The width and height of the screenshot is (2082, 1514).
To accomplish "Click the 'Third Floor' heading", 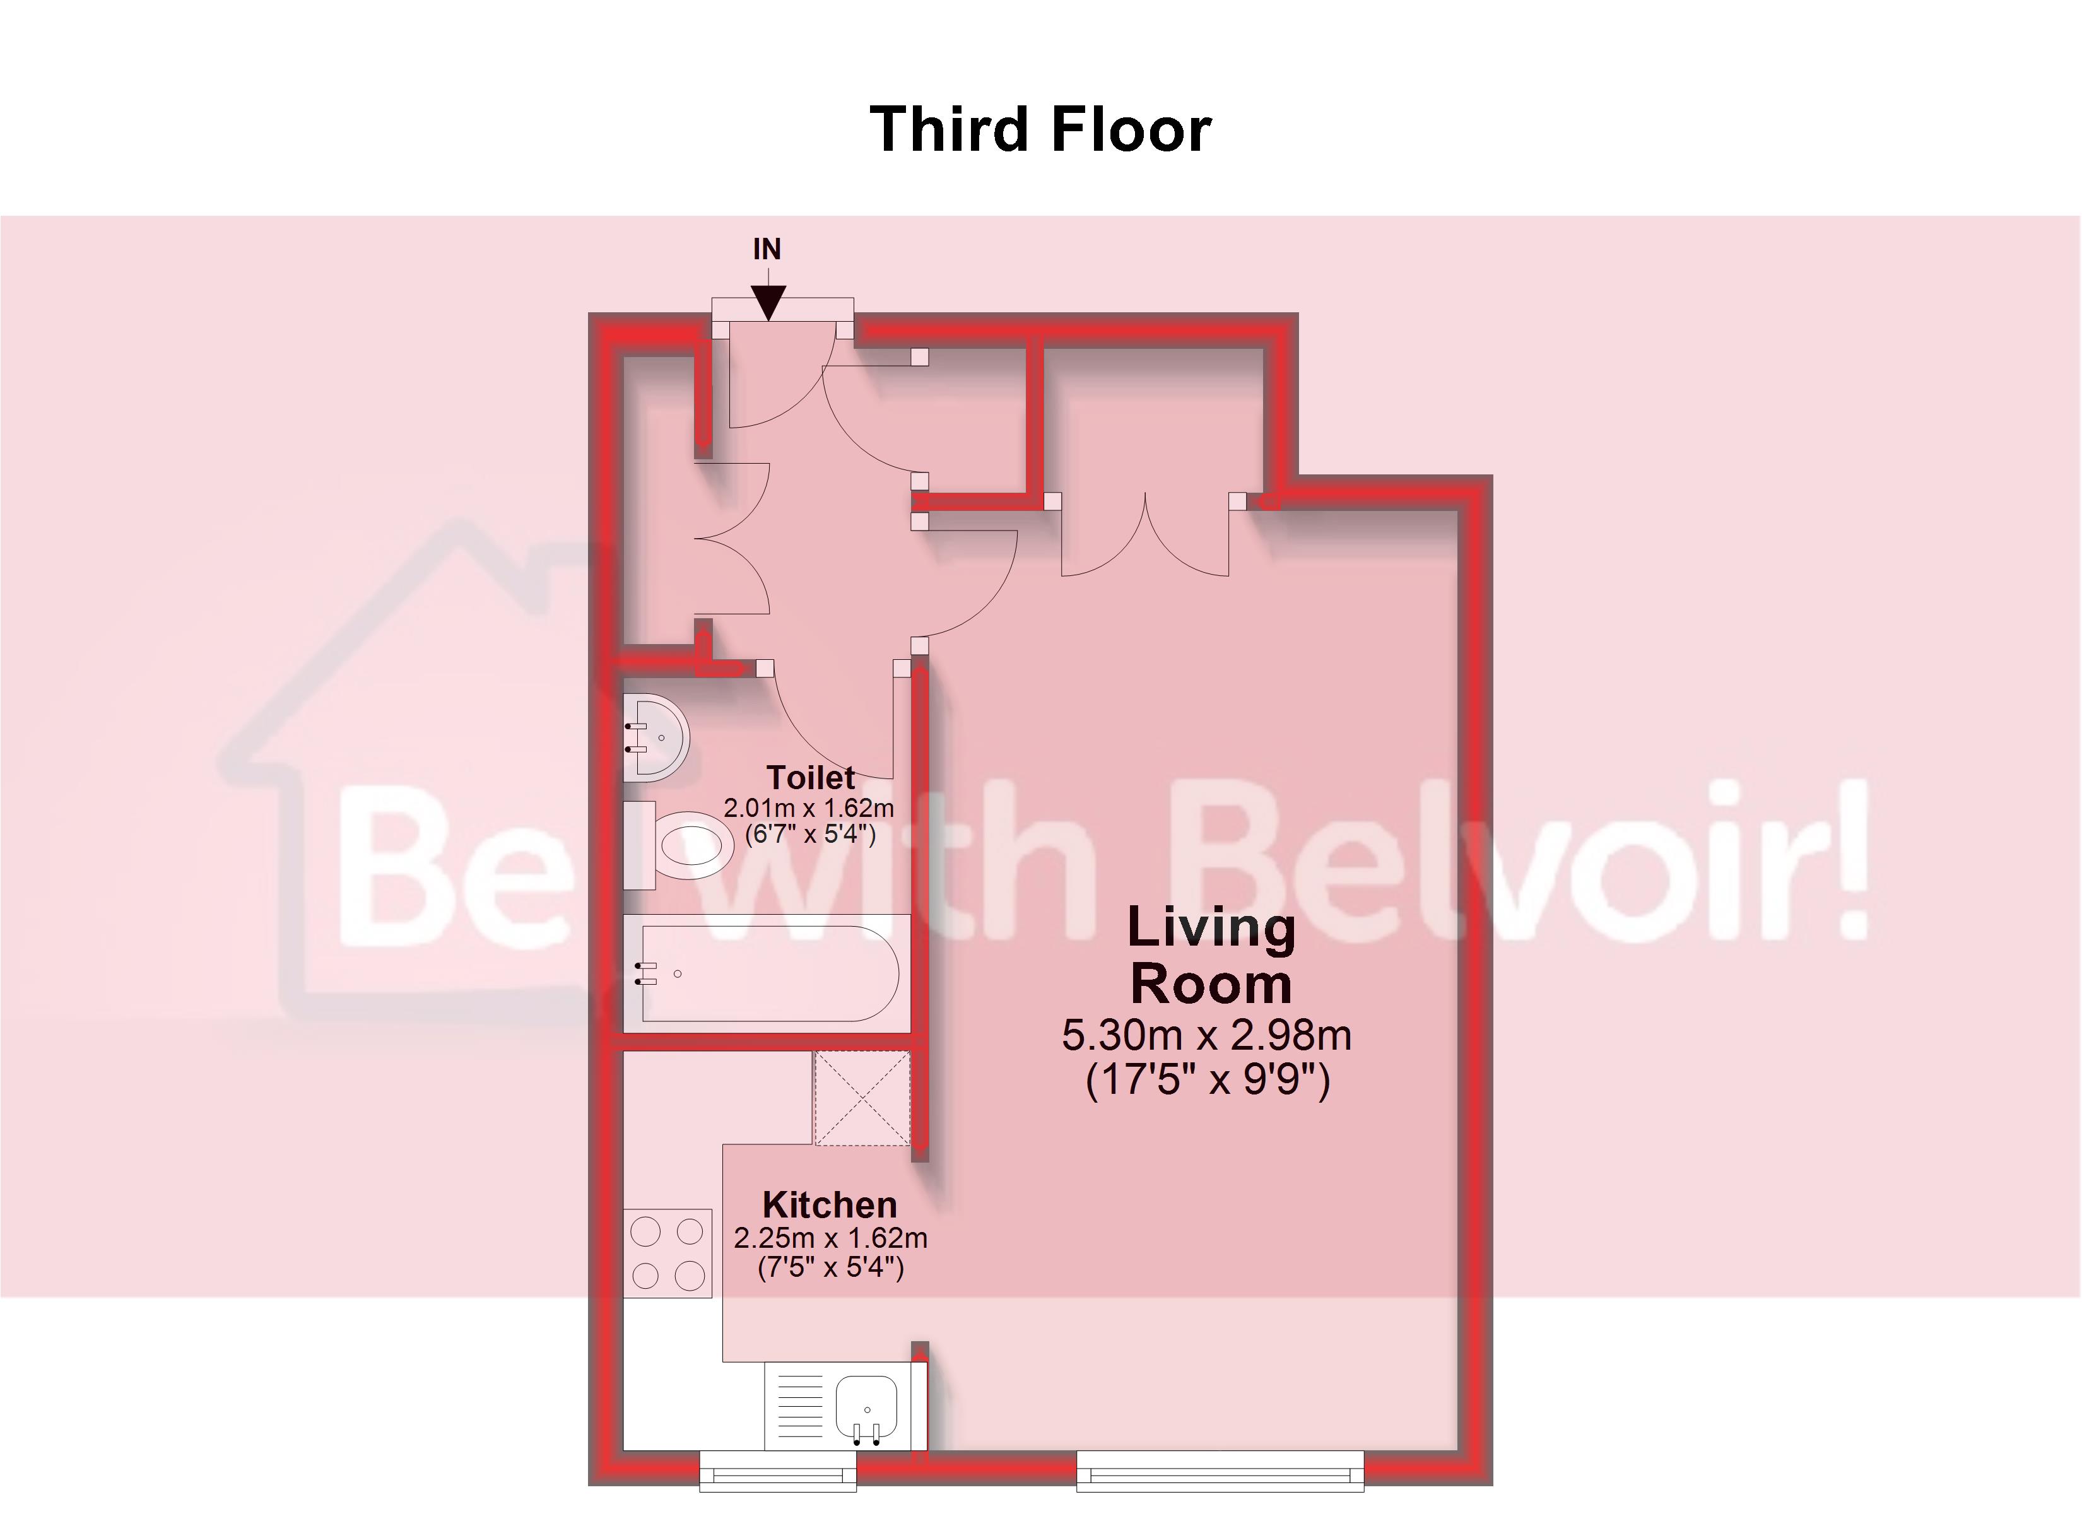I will (1040, 129).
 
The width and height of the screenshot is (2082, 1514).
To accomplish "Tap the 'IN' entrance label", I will (767, 249).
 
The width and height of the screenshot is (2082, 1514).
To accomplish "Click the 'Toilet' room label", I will (811, 778).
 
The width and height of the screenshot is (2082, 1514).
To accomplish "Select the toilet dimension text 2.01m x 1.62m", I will (808, 808).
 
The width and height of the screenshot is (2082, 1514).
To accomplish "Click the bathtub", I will (767, 973).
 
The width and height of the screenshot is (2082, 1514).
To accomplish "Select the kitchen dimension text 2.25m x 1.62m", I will (830, 1238).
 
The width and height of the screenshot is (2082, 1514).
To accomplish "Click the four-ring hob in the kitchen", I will (668, 1252).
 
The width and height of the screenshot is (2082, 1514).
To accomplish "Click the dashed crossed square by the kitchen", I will (862, 1098).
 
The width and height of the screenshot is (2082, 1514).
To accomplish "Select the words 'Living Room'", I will (1211, 955).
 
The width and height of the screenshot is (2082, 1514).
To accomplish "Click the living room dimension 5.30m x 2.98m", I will (1206, 1035).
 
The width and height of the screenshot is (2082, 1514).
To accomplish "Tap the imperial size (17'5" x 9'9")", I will (1207, 1079).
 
